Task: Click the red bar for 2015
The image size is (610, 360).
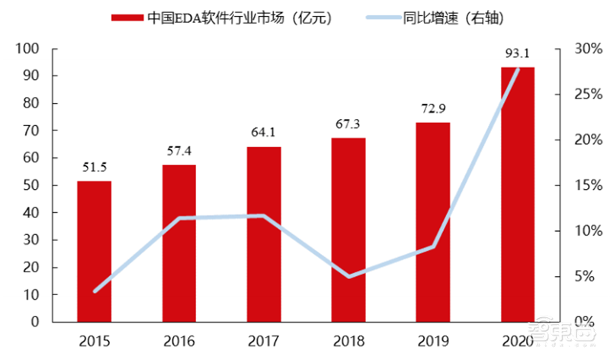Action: (x=94, y=251)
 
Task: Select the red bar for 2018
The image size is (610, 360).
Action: (x=348, y=230)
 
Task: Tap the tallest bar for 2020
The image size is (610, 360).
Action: (x=518, y=194)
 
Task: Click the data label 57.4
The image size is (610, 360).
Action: (x=178, y=148)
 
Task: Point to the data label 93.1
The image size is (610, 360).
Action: (x=518, y=53)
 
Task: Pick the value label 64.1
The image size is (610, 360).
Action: (x=264, y=132)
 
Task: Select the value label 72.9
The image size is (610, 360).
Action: (x=432, y=108)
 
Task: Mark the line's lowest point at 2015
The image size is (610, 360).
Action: (x=94, y=291)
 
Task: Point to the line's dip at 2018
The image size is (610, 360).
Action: (x=348, y=276)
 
